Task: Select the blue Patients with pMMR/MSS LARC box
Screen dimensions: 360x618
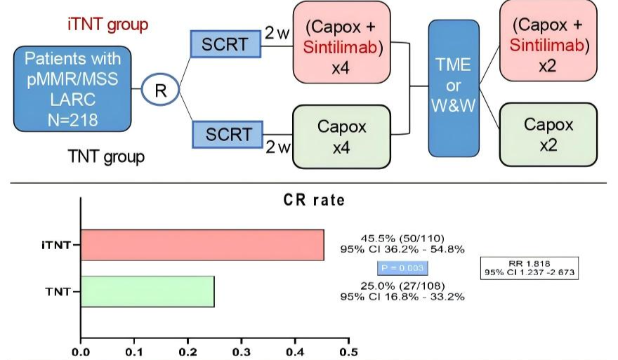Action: (x=72, y=89)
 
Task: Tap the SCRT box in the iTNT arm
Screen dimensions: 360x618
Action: (x=225, y=44)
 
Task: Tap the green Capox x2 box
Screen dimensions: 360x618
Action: (x=548, y=134)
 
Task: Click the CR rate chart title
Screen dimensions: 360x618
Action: (x=310, y=200)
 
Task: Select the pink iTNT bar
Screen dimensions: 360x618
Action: (x=202, y=245)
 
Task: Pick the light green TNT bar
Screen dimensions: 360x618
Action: (x=147, y=291)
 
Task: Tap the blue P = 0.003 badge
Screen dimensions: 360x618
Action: (x=402, y=267)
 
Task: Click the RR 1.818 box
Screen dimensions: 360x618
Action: (x=530, y=267)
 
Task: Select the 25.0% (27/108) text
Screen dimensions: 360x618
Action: (x=402, y=286)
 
